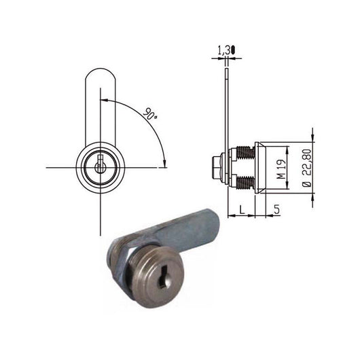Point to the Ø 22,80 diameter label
click(306, 167)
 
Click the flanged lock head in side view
click(259, 168)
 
